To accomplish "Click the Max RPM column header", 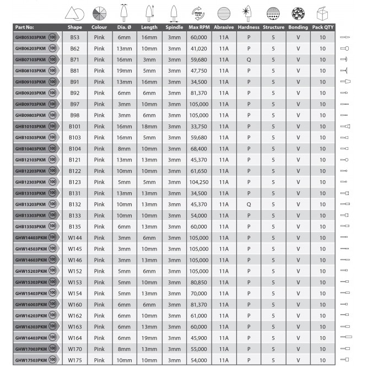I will click(198, 27).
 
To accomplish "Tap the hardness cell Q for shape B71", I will click(249, 60).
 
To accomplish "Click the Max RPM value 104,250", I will click(198, 182).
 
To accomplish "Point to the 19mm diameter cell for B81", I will click(125, 71).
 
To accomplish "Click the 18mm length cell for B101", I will click(149, 126).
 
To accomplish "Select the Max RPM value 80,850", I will click(198, 282).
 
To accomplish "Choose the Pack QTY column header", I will click(322, 27).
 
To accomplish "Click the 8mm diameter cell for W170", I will click(125, 348).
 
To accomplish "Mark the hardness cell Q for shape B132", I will click(249, 204).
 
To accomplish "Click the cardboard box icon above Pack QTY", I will click(322, 13).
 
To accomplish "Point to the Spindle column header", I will click(174, 27).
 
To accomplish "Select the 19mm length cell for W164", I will click(149, 337).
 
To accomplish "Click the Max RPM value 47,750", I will click(198, 71).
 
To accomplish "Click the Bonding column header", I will click(298, 27).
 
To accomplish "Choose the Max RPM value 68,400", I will click(198, 148).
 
